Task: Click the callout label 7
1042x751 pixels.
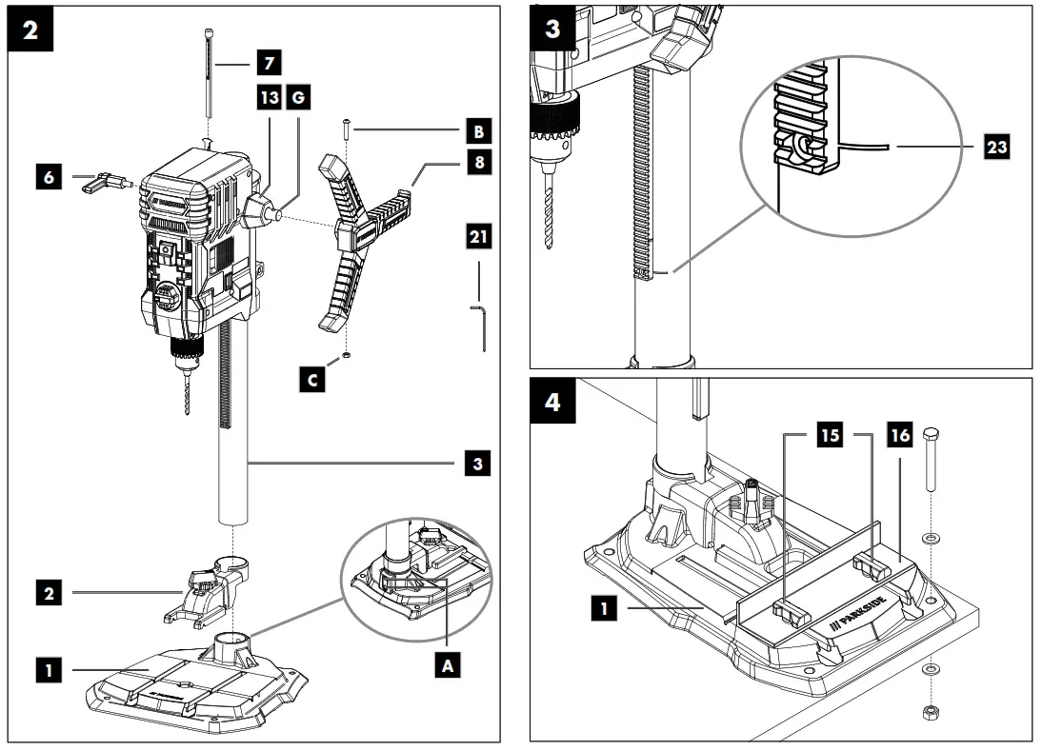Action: (x=269, y=64)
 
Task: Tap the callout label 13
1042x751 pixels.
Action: (x=269, y=98)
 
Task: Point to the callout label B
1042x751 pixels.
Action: (x=478, y=127)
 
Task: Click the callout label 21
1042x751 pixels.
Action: (x=478, y=236)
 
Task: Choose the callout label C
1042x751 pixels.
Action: (x=313, y=380)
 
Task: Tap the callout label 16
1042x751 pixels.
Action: (x=899, y=437)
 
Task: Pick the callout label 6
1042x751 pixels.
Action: (x=50, y=178)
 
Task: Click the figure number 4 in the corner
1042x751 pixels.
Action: (x=551, y=400)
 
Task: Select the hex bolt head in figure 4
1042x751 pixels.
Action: (x=931, y=435)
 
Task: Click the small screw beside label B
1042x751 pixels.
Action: (x=347, y=127)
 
